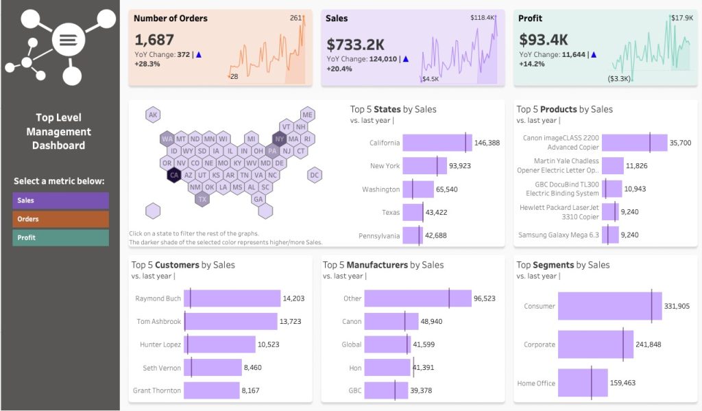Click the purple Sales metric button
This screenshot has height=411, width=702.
[60, 200]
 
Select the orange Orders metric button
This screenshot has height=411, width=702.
[60, 219]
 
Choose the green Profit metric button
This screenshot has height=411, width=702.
[60, 237]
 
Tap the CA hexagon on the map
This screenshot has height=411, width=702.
[174, 175]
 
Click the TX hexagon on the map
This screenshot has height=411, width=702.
[202, 199]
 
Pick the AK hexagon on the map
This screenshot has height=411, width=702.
[154, 115]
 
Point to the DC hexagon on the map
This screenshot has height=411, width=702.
[315, 175]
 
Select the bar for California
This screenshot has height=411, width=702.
[437, 143]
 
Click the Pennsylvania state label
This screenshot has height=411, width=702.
[378, 236]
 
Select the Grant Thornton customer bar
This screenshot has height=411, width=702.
[211, 390]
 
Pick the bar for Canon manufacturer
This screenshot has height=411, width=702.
[391, 321]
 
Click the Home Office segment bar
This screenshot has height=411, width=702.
[583, 383]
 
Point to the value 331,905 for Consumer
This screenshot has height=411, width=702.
[677, 306]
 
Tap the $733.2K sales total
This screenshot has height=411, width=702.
[355, 45]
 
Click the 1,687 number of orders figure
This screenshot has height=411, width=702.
[154, 40]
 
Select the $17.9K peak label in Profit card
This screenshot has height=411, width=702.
[681, 18]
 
